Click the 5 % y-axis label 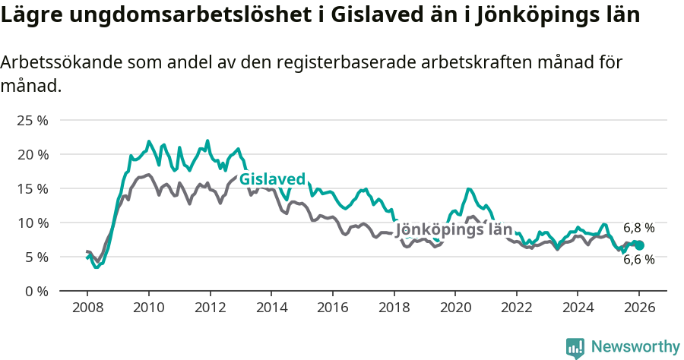coord(36,257)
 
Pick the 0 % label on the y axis coord(36,291)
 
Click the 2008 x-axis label coord(87,308)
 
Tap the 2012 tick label coord(210,308)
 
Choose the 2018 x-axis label coord(394,308)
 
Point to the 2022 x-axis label coord(517,308)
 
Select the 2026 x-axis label coord(639,308)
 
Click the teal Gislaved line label coord(272,179)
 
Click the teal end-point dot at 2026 coord(639,245)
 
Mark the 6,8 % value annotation coord(638,228)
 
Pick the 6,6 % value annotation coord(638,260)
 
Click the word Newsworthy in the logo coord(635,346)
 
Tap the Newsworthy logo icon coord(575,347)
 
